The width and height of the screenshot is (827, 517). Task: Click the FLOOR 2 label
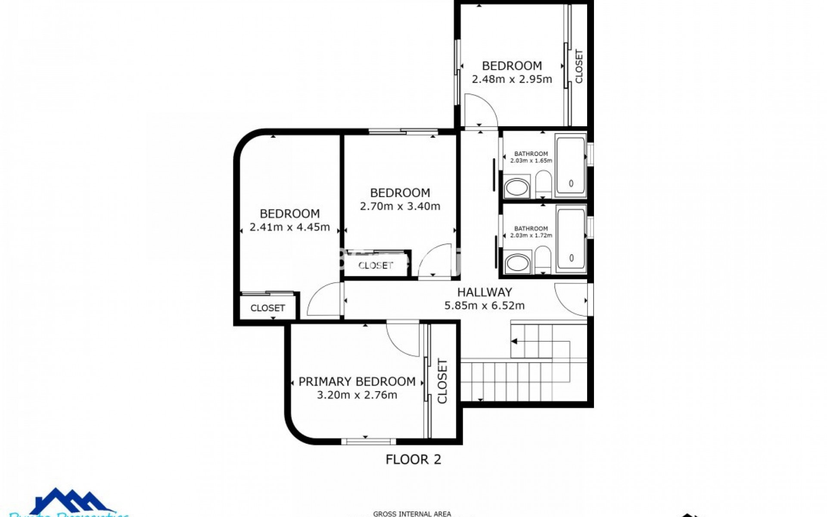click(x=413, y=460)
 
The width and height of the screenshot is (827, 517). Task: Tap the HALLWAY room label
click(x=485, y=292)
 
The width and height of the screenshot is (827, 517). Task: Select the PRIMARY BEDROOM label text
click(x=357, y=382)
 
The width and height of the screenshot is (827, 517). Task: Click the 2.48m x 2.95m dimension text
click(x=512, y=79)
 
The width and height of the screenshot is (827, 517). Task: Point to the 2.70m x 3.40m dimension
click(x=400, y=206)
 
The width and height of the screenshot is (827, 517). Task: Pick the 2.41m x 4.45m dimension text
click(x=289, y=227)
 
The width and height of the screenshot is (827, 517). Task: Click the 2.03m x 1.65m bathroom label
click(x=531, y=157)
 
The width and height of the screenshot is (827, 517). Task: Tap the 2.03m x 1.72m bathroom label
click(x=531, y=232)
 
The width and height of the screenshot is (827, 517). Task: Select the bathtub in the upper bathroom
click(x=571, y=165)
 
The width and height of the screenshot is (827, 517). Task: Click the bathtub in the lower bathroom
click(x=571, y=240)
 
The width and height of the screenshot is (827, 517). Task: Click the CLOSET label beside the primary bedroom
click(x=442, y=381)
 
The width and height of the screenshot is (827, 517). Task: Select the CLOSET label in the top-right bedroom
click(x=579, y=66)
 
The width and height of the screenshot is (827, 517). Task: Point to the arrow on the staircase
click(x=514, y=342)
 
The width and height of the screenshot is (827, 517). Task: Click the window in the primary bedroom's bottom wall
click(x=368, y=441)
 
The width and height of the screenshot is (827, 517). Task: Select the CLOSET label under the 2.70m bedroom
click(x=376, y=265)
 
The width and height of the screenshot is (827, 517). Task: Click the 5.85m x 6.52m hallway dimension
click(x=485, y=306)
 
